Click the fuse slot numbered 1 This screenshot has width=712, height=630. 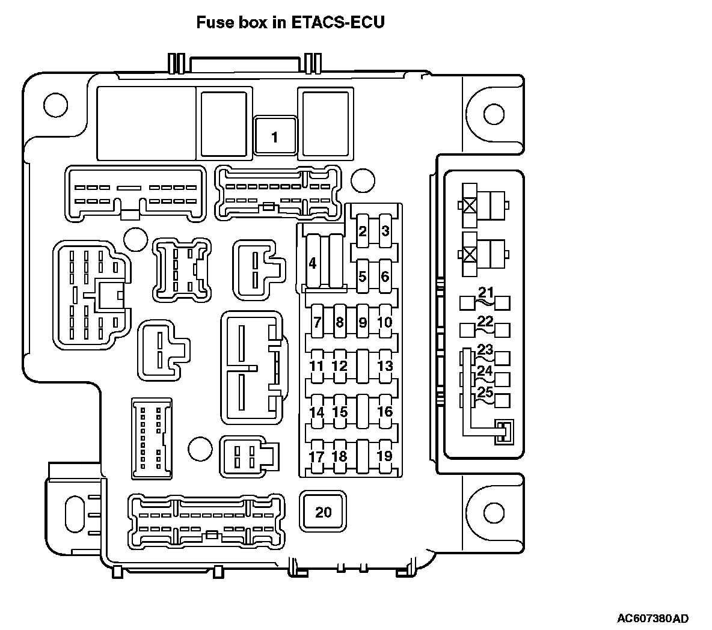[275, 137]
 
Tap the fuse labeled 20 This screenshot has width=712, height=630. [324, 512]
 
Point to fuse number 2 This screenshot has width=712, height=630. [362, 231]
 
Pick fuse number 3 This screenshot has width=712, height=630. [385, 231]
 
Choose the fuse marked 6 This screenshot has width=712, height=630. [385, 277]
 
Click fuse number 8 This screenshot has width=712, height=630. [340, 323]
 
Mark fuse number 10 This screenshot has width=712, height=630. [385, 323]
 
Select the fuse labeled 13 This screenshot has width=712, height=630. [385, 366]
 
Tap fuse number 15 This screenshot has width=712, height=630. [340, 412]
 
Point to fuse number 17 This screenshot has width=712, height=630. [317, 456]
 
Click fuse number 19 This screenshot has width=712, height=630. [385, 456]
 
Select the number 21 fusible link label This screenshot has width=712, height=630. [485, 293]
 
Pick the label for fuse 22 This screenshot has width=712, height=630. [485, 321]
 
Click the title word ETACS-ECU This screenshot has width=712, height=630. [338, 23]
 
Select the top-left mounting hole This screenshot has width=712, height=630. [54, 106]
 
